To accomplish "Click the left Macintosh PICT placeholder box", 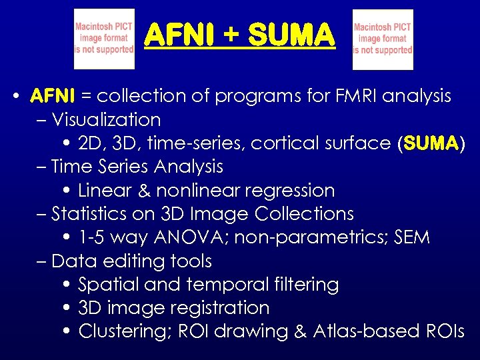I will [x=104, y=39].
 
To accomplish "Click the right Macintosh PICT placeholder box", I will [x=383, y=39].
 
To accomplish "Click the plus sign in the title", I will [x=231, y=35].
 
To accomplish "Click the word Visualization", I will [x=107, y=120].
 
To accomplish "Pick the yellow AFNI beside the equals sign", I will [x=53, y=96].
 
